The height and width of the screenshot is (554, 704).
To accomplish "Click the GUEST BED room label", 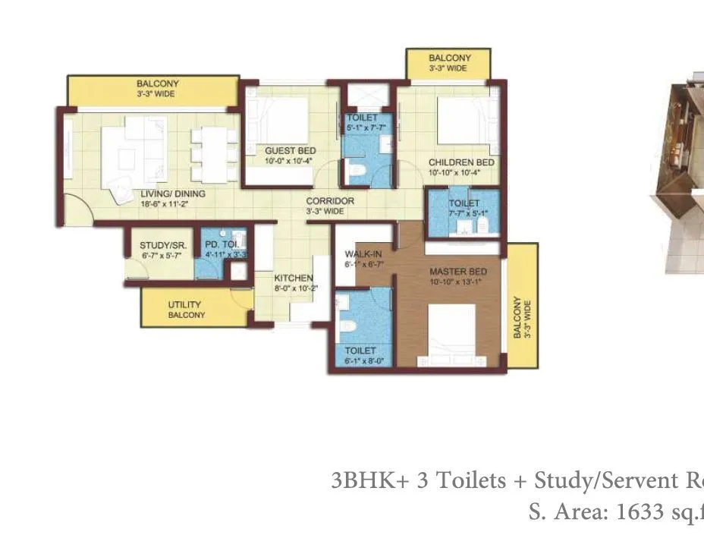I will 291,151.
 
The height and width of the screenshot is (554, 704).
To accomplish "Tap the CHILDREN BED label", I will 461,162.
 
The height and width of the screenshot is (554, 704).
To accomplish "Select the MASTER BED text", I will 457,272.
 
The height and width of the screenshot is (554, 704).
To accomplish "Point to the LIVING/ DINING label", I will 173,194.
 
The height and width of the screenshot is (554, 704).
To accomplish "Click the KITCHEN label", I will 294,279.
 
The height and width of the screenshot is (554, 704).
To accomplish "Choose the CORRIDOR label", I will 330,201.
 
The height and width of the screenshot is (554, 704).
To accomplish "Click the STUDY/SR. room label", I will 163,246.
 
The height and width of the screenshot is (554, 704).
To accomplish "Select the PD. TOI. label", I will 222,244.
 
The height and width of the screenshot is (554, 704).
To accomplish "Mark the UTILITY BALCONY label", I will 184,310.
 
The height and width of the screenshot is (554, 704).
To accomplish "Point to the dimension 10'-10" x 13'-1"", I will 457,282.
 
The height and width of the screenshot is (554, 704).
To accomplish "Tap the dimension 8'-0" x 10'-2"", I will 294,288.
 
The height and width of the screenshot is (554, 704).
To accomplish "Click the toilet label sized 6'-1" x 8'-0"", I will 360,351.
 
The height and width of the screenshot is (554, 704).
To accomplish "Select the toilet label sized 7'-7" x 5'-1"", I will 464,203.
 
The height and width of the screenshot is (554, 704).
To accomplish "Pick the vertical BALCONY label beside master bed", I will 518,317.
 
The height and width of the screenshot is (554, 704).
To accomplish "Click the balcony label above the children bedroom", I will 450,58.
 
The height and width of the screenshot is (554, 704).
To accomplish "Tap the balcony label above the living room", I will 157,83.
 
